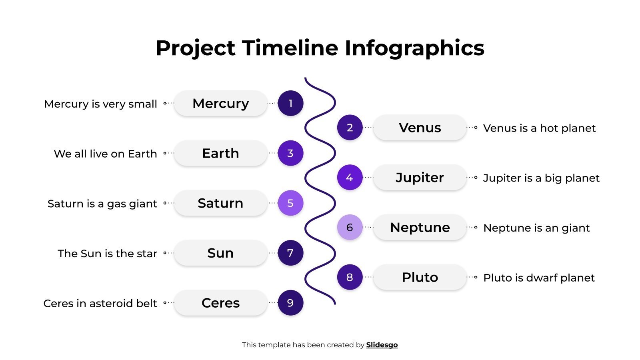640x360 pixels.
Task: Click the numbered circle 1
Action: click(290, 103)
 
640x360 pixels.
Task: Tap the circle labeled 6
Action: click(350, 227)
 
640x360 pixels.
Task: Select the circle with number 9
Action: click(290, 303)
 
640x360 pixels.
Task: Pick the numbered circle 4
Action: click(350, 177)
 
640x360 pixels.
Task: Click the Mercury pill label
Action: click(220, 103)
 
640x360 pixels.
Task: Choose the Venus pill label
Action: click(420, 128)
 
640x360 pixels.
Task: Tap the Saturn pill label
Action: click(220, 203)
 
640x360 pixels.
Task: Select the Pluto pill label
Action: click(420, 277)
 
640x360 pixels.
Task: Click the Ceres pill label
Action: click(220, 303)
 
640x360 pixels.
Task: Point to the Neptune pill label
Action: click(420, 227)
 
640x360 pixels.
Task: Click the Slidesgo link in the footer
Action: click(382, 345)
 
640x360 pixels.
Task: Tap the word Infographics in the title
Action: click(414, 48)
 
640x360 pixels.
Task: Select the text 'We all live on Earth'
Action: click(105, 154)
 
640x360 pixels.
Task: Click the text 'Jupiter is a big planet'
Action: click(541, 178)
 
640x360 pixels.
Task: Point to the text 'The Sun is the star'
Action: click(107, 254)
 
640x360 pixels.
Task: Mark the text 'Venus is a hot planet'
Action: click(539, 128)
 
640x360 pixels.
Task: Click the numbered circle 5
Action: click(290, 203)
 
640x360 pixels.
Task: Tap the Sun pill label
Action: click(220, 253)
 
